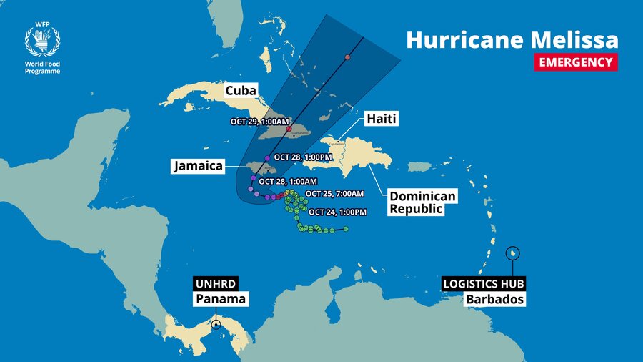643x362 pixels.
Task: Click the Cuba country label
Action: [x=242, y=91]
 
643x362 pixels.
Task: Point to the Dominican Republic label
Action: [x=422, y=202]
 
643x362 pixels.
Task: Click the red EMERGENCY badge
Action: [x=575, y=62]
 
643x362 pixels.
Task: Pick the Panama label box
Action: [x=221, y=299]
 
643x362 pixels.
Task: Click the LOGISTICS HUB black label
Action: [x=483, y=283]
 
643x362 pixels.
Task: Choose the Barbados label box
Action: [x=495, y=299]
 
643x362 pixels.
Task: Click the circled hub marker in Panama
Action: [x=216, y=326]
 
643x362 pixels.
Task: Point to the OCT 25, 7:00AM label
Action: [x=334, y=194]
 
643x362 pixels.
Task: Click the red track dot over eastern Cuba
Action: [x=289, y=129]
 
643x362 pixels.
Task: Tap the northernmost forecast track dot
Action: [x=347, y=57]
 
